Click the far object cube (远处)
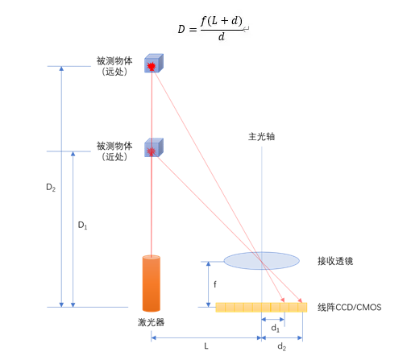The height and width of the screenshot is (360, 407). coord(153,64)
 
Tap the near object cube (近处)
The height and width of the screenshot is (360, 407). coord(153,148)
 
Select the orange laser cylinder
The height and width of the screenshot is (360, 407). coord(151,283)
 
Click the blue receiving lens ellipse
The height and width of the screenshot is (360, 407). coord(260,260)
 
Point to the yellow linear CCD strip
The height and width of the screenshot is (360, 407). coord(261,307)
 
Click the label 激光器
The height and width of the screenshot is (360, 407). coord(151,321)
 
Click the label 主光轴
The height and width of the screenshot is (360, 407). coord(261,136)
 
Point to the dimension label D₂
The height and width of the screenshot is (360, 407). coord(50,187)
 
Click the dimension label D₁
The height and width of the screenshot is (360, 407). coord(82,226)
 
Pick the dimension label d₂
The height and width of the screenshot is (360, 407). coord(280,347)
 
